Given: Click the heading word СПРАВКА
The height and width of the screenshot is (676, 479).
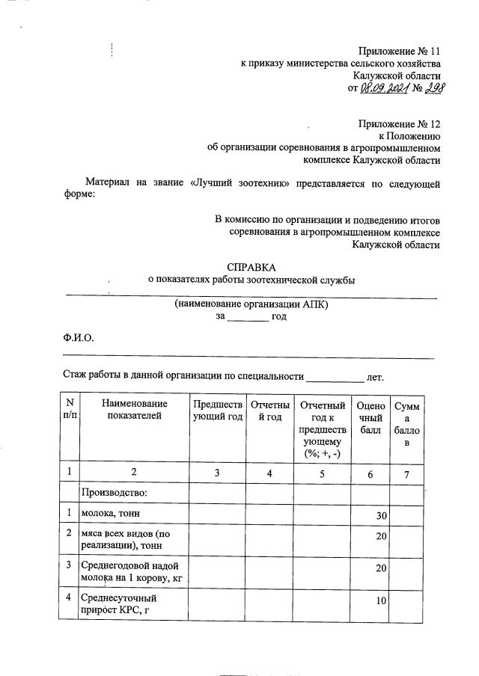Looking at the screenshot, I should (251, 267).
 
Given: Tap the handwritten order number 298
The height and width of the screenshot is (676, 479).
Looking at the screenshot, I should (428, 89).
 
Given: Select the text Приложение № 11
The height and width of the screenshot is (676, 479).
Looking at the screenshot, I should (399, 51).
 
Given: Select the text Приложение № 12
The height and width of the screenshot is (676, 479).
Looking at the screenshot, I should (399, 123).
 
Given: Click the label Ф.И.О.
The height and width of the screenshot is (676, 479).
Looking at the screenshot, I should (78, 337).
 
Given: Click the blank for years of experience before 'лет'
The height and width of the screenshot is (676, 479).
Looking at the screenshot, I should (334, 376).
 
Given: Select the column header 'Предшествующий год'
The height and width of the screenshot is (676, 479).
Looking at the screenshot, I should (218, 411).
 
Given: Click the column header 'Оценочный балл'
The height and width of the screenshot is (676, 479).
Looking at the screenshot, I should (370, 417).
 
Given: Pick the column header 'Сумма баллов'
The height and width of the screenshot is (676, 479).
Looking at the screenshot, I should (407, 424).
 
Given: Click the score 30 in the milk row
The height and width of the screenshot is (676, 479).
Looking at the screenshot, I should (380, 515).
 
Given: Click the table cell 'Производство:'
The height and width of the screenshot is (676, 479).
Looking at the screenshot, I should (114, 493).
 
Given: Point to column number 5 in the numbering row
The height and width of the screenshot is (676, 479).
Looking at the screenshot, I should (323, 472).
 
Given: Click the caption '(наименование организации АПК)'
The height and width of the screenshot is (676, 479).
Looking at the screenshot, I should (251, 305).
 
